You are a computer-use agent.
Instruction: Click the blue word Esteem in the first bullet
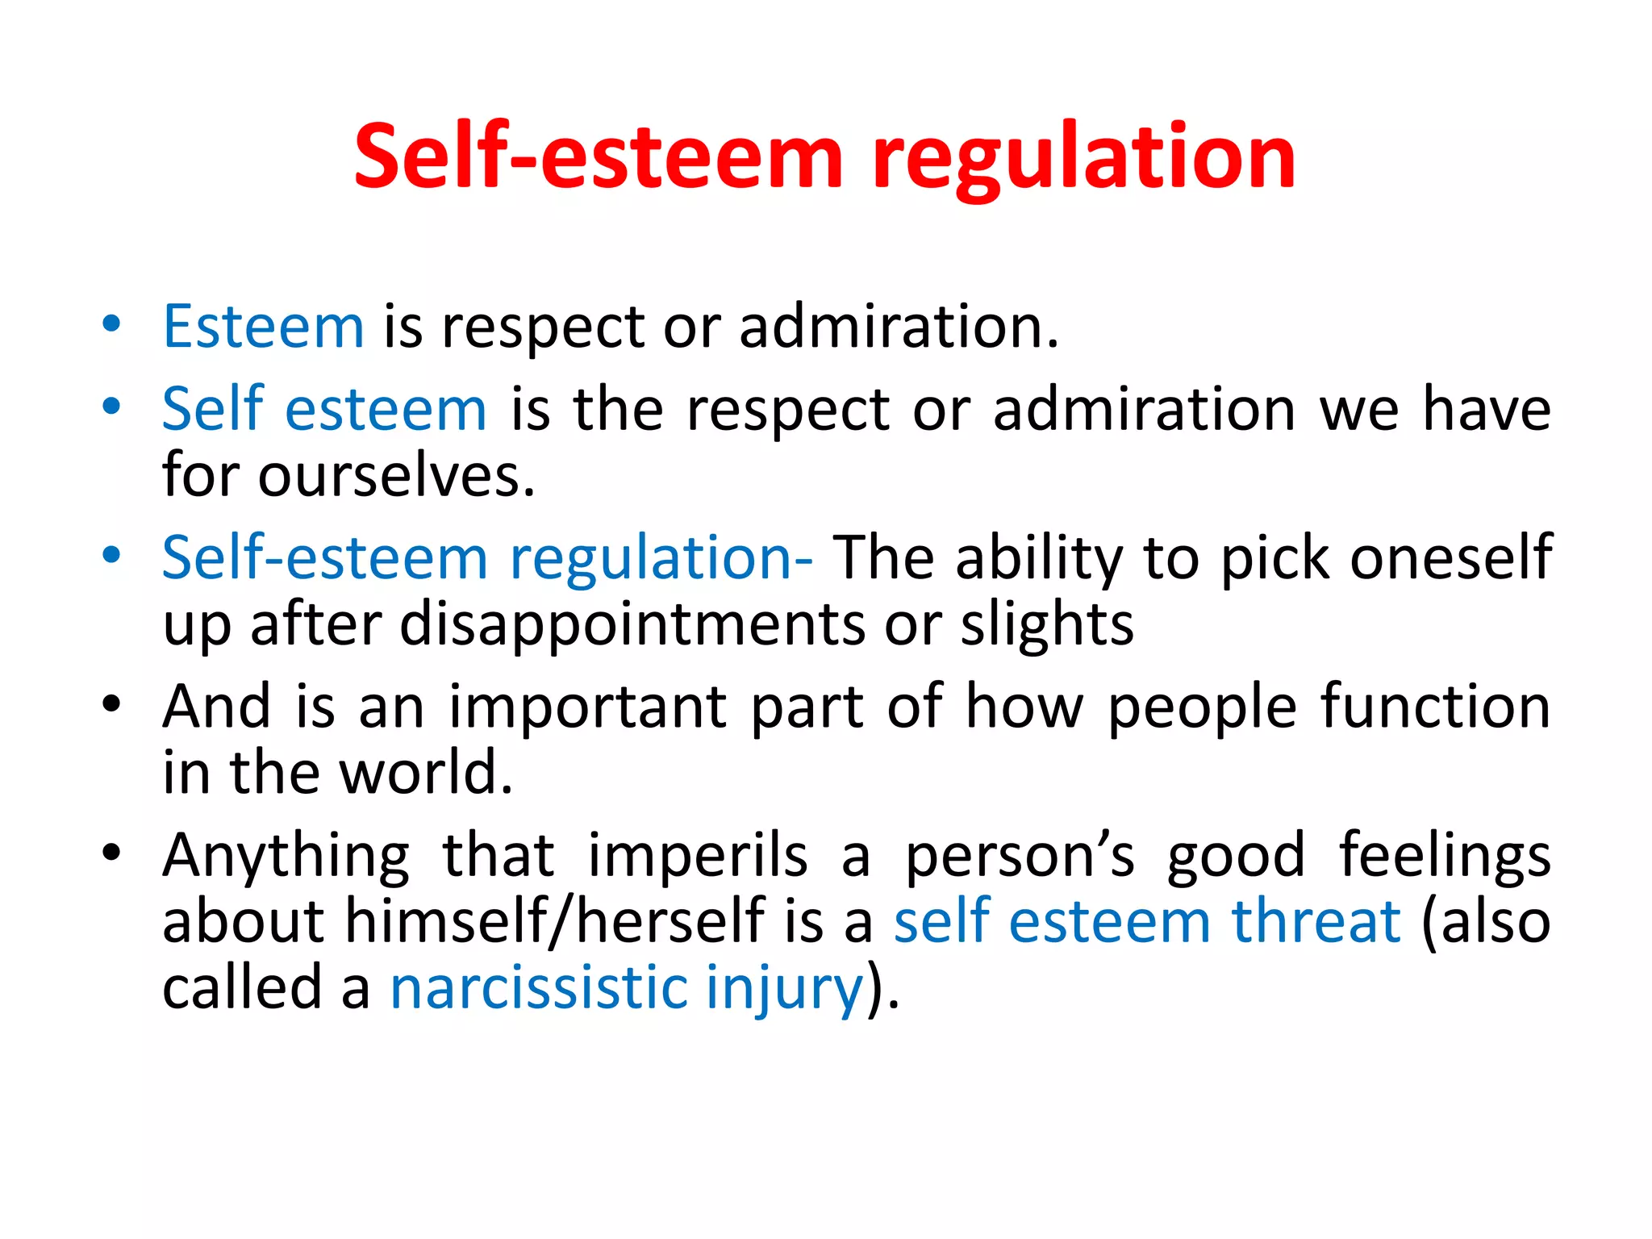pyautogui.click(x=264, y=327)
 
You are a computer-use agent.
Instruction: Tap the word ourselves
pyautogui.click(x=396, y=476)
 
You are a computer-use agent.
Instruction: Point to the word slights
pyautogui.click(x=1046, y=625)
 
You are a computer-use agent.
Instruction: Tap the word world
pyautogui.click(x=425, y=774)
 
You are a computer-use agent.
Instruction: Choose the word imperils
pyautogui.click(x=698, y=856)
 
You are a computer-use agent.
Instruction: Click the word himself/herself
pyautogui.click(x=555, y=922)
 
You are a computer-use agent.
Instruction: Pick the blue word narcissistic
pyautogui.click(x=539, y=988)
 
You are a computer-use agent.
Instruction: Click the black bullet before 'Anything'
pyautogui.click(x=111, y=853)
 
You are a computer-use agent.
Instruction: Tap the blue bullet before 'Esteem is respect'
pyautogui.click(x=111, y=324)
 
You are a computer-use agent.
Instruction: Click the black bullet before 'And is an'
pyautogui.click(x=111, y=703)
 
